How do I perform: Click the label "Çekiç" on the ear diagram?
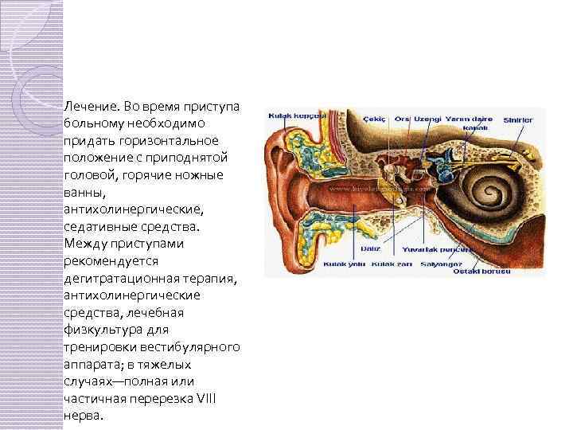pyautogui.click(x=373, y=119)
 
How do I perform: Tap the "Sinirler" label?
pyautogui.click(x=518, y=120)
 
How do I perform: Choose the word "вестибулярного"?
pyautogui.click(x=200, y=347)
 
